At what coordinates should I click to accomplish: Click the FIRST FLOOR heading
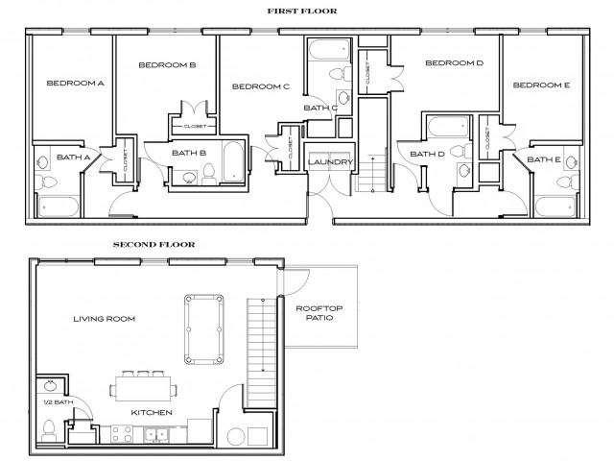click(x=309, y=11)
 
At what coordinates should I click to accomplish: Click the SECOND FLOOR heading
click(x=153, y=245)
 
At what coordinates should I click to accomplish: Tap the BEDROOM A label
click(x=75, y=84)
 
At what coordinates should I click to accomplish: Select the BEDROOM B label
click(x=167, y=65)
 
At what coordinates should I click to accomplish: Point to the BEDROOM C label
click(x=260, y=86)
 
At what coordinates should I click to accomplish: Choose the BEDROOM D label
click(x=454, y=64)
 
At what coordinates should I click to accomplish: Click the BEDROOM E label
click(x=541, y=85)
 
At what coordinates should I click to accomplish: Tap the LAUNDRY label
click(x=333, y=162)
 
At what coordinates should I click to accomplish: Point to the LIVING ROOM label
click(x=104, y=319)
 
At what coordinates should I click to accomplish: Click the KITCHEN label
click(x=152, y=413)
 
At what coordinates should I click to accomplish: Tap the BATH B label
click(x=189, y=153)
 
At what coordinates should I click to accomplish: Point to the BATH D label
click(x=427, y=154)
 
